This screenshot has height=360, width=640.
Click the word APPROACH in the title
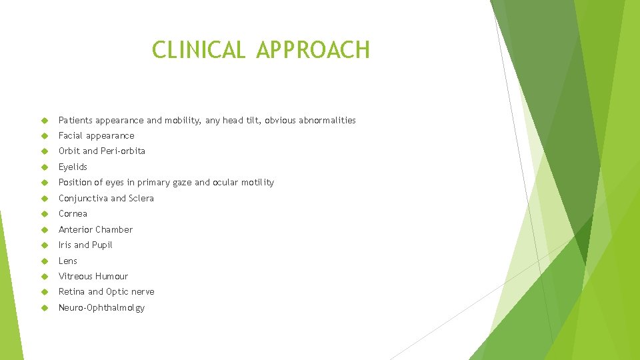tap(313, 50)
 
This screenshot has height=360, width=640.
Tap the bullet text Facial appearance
tap(96, 136)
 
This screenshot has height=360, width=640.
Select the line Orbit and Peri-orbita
tap(101, 151)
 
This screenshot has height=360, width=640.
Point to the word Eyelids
tap(73, 167)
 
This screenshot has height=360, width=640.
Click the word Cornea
tap(73, 214)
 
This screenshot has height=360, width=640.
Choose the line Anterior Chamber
tap(95, 230)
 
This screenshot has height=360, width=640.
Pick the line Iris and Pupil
tap(85, 245)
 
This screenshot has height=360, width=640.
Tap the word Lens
tap(68, 261)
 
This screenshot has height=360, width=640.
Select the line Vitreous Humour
tap(93, 277)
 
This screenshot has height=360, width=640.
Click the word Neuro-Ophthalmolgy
tap(101, 308)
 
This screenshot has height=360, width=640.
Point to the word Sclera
tap(141, 199)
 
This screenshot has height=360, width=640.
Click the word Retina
tap(71, 292)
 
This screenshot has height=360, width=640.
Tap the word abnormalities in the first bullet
tap(327, 121)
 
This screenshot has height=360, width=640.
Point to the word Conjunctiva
tap(83, 199)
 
